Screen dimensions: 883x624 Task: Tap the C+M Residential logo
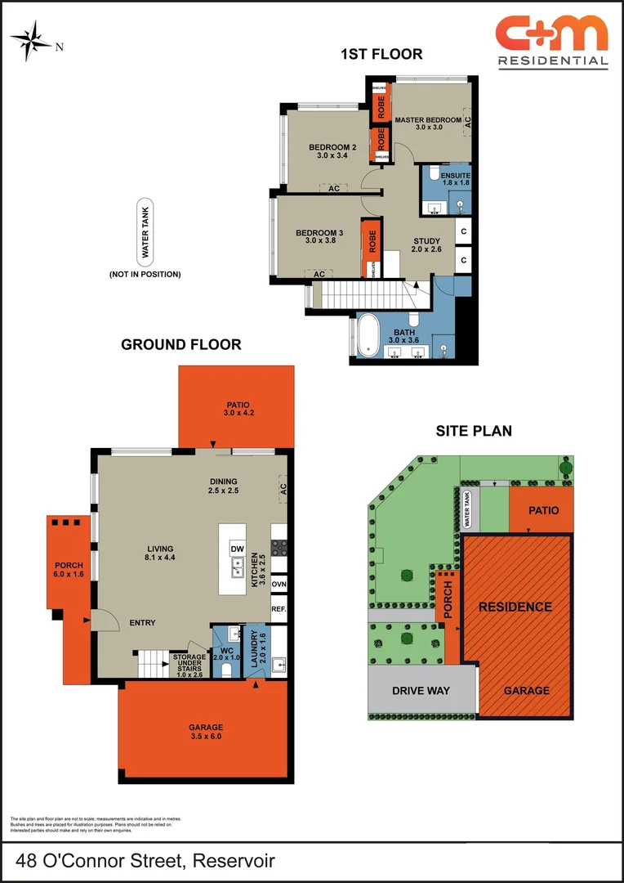coord(552,41)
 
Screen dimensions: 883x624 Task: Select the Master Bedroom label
coord(429,123)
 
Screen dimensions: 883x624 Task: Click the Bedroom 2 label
coord(327,152)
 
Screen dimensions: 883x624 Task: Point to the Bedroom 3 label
coord(319,237)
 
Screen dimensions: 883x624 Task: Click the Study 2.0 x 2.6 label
coord(426,245)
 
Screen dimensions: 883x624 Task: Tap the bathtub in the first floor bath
coord(368,335)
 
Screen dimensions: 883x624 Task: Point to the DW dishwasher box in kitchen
coord(237,549)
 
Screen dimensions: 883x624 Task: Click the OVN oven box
coord(279,584)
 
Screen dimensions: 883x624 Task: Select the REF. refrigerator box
coord(279,610)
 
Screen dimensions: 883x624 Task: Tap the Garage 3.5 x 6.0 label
coord(205,731)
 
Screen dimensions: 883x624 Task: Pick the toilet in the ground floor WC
coord(226,669)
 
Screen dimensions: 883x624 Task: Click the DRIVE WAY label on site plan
coord(421,691)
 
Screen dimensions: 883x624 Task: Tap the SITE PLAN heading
coord(474,431)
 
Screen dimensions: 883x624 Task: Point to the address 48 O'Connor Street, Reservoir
coord(145,861)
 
